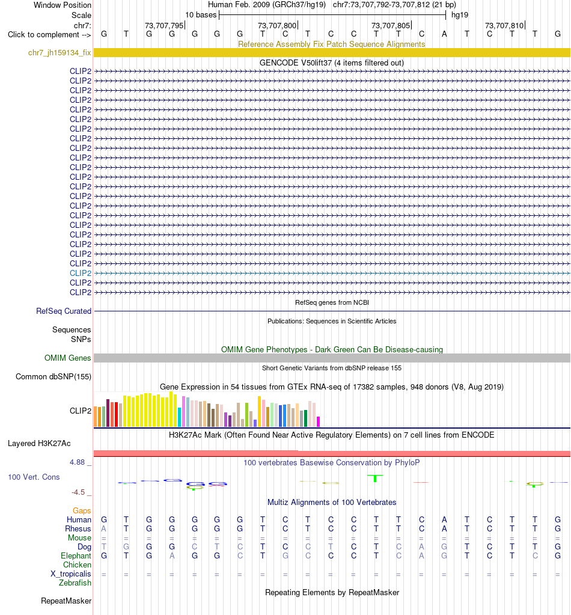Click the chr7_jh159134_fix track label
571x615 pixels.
[60, 52]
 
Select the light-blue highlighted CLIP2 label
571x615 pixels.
[81, 273]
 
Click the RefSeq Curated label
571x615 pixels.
[64, 311]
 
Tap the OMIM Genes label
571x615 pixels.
[67, 358]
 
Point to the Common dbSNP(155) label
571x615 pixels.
[53, 376]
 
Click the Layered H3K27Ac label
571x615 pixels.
[39, 443]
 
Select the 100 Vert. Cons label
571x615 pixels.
[34, 477]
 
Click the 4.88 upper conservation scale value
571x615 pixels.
[78, 462]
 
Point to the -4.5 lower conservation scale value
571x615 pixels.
[78, 492]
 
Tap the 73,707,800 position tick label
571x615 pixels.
[277, 25]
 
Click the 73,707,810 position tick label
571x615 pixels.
[504, 25]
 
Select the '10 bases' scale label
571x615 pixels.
[201, 15]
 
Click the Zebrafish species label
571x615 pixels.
[75, 583]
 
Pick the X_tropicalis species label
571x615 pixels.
[70, 574]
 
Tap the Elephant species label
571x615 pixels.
[76, 555]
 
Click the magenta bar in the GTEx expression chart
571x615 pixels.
[319, 421]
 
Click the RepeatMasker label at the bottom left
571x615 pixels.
[66, 601]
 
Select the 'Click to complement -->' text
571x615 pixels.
[49, 34]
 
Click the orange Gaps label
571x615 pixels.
[82, 510]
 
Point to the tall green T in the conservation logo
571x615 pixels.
[375, 478]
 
